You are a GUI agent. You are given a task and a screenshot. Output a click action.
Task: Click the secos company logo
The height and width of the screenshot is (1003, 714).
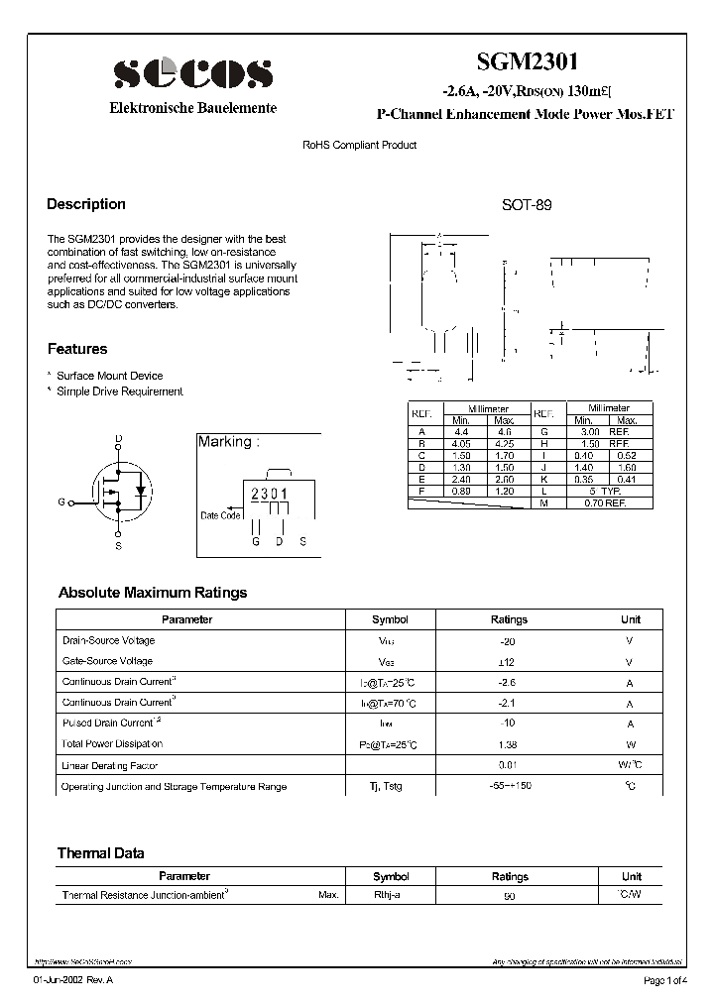tap(191, 74)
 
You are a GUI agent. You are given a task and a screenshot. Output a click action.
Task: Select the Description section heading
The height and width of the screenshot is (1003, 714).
tap(86, 204)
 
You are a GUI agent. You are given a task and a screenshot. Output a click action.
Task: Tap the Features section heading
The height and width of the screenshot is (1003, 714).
tap(77, 349)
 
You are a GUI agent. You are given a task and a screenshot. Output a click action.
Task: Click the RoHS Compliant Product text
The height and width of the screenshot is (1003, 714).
tap(359, 145)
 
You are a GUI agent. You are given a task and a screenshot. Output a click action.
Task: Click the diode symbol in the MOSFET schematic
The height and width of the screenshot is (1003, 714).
tap(140, 490)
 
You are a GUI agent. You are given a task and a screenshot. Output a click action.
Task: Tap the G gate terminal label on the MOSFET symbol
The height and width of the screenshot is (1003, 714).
tap(61, 502)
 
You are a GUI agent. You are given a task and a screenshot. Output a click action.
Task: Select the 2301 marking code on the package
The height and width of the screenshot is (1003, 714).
tap(269, 494)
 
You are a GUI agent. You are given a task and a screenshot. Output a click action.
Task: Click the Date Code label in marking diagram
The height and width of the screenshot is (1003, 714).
tap(219, 515)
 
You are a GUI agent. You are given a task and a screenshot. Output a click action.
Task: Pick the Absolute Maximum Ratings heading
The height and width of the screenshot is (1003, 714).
tap(153, 593)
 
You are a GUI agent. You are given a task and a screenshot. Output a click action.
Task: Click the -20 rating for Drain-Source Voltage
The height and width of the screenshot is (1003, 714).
tap(509, 640)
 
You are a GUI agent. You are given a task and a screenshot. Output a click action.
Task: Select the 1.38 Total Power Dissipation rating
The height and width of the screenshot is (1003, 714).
tap(509, 743)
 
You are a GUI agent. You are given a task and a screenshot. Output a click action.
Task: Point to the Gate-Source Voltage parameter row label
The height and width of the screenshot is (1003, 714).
tap(107, 661)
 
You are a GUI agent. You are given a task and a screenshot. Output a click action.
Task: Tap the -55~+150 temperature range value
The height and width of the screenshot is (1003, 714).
tap(509, 786)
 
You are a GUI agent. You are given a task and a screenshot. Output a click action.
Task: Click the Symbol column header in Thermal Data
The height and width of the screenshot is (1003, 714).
tap(390, 876)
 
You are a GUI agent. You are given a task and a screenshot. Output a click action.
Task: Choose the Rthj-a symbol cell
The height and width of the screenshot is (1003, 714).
tap(387, 895)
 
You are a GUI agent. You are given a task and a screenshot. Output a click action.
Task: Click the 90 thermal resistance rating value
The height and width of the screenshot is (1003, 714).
tap(509, 896)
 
